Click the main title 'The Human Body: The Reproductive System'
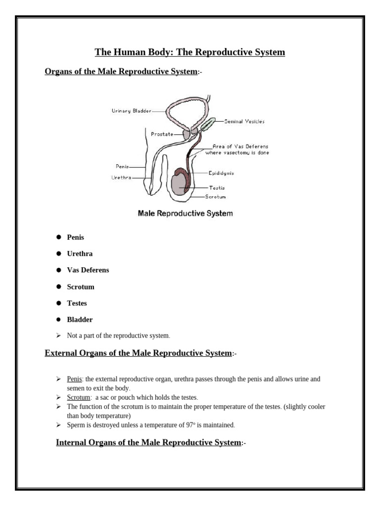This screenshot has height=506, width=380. (190, 52)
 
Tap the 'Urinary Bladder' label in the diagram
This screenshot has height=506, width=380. (132, 111)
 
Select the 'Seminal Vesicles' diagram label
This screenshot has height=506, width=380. (244, 122)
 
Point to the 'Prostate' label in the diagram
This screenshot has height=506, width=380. (162, 134)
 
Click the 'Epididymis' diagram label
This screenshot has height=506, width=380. (221, 173)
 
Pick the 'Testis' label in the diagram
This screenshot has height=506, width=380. (217, 188)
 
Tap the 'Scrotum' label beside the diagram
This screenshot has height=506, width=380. (216, 197)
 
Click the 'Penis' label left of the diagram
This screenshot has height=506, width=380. (122, 167)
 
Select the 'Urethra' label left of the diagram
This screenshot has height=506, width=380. (122, 177)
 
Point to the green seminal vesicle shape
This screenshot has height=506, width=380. (208, 124)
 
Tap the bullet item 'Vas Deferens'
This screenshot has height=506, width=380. (88, 270)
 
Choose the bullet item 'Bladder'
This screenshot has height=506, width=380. (80, 320)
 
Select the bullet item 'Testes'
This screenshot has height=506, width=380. (77, 303)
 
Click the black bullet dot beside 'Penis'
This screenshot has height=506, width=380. (58, 237)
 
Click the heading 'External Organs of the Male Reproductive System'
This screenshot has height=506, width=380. (138, 353)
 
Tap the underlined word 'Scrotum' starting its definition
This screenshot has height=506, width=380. (79, 397)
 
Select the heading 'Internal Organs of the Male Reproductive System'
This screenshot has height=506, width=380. (148, 442)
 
